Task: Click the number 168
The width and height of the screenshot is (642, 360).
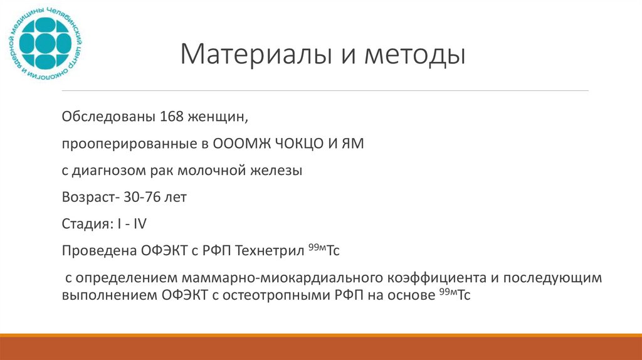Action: click(x=172, y=117)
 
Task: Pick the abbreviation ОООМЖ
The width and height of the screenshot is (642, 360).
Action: click(x=242, y=144)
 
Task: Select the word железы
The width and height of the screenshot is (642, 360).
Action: click(x=278, y=171)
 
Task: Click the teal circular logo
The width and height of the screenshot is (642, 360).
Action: click(x=46, y=44)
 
